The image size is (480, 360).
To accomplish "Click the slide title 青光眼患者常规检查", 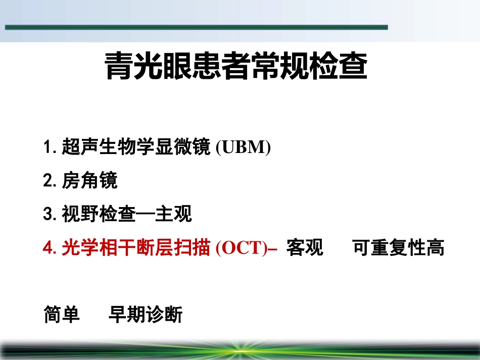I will [236, 67].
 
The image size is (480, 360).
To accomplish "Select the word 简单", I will [62, 315].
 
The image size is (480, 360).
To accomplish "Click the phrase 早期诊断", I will [146, 315].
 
